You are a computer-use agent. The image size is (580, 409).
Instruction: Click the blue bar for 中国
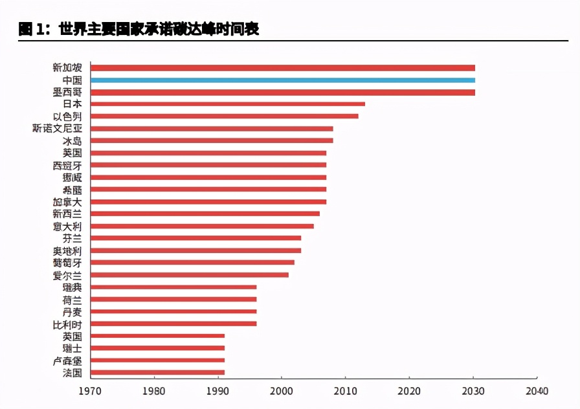click(x=282, y=80)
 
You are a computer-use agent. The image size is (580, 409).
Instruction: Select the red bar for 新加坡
click(x=282, y=68)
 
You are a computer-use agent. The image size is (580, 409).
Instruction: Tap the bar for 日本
click(x=227, y=104)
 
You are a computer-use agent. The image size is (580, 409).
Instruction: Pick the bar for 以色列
click(x=224, y=116)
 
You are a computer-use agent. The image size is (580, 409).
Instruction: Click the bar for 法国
click(x=157, y=373)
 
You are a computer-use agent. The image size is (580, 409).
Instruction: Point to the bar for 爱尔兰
click(x=189, y=275)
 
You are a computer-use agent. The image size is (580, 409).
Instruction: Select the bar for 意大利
click(x=202, y=227)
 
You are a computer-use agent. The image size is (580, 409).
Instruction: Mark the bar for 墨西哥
click(x=282, y=93)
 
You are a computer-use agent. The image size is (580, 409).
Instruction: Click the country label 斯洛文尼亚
click(x=57, y=129)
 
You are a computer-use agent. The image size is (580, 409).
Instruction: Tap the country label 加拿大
click(x=67, y=202)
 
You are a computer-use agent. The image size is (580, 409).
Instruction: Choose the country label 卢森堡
click(x=67, y=360)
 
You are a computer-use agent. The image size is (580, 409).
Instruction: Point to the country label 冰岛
click(x=72, y=141)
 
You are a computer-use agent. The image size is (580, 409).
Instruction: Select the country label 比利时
click(x=67, y=324)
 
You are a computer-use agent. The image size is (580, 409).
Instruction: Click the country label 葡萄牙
click(x=67, y=263)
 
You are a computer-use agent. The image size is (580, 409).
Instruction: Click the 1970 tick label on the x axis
click(x=90, y=391)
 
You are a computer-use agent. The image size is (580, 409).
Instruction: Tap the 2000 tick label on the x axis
click(x=281, y=391)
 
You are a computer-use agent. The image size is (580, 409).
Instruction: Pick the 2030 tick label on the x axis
click(x=473, y=391)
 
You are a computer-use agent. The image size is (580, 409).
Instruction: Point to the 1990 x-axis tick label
click(x=217, y=391)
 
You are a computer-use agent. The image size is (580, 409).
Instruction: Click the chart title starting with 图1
click(x=139, y=29)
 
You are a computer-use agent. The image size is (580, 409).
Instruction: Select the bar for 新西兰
click(x=205, y=214)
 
